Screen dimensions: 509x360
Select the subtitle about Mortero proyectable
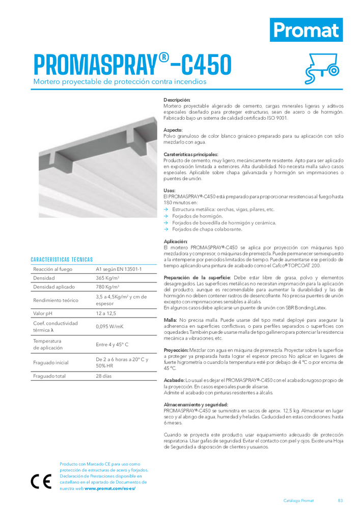(120, 81)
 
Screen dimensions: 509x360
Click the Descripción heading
(177, 100)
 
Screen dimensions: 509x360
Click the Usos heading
(170, 190)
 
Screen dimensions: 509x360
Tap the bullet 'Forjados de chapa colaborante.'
(207, 229)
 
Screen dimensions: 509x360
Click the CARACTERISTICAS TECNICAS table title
(62, 260)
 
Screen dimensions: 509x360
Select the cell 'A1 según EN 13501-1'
(119, 269)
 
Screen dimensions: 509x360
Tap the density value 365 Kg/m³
(107, 278)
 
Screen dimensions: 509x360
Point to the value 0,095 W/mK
(109, 326)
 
